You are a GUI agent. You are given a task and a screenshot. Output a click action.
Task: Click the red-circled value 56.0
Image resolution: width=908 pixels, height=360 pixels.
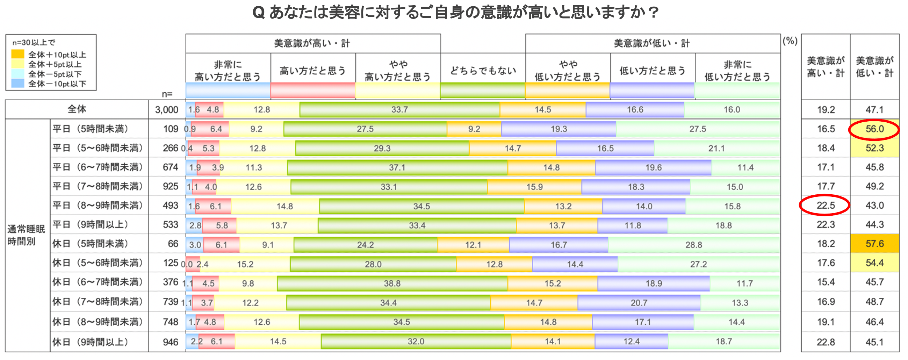tap(874, 129)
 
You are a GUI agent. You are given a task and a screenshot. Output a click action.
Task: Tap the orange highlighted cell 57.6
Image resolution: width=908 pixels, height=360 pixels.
tap(874, 244)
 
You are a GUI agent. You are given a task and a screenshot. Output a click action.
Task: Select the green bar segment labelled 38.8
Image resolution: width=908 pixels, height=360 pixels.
tap(392, 283)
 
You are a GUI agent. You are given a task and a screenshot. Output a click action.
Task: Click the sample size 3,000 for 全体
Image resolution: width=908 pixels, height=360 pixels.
tap(167, 110)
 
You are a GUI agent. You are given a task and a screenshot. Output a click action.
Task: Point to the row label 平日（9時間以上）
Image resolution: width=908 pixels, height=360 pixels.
tap(91, 225)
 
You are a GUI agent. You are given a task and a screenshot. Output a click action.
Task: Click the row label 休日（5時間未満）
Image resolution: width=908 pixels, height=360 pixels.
tap(91, 244)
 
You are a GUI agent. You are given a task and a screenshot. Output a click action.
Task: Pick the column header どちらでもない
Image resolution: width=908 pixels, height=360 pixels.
tap(483, 71)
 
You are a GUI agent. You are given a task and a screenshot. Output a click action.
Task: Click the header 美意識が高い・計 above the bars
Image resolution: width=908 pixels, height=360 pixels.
tap(312, 43)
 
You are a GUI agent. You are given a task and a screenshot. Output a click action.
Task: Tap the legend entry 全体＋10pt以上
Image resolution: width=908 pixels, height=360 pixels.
tap(57, 55)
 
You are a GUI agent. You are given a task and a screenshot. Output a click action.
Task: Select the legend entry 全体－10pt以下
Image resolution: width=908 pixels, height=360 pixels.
tap(57, 84)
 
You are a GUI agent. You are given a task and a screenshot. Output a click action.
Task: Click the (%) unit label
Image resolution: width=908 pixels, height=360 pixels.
tap(790, 41)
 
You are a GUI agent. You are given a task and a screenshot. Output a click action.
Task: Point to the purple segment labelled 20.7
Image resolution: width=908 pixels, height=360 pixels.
tap(639, 303)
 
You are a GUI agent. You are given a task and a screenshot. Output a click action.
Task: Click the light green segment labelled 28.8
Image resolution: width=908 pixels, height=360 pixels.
tap(693, 245)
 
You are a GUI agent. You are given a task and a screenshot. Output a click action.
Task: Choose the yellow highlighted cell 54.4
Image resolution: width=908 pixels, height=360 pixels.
tap(874, 263)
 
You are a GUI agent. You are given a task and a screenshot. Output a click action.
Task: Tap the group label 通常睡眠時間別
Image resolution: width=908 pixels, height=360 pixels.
tap(26, 235)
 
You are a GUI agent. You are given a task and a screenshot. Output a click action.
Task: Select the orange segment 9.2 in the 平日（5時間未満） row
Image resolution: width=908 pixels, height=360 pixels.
tap(474, 129)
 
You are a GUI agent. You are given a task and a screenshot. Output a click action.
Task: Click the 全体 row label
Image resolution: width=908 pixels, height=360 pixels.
tap(77, 109)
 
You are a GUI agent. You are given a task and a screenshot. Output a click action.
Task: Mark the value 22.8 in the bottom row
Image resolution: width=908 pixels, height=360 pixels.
tap(826, 342)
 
